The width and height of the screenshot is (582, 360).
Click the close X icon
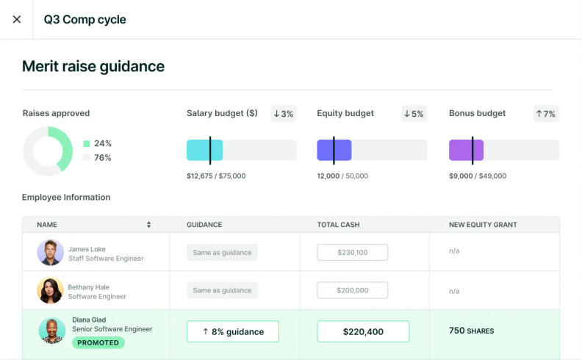[17, 19]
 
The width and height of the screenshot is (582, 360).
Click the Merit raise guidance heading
[93, 66]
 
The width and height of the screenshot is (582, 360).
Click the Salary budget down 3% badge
[283, 114]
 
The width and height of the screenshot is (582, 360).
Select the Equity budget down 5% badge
[414, 114]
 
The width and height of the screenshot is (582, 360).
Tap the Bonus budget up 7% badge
[545, 114]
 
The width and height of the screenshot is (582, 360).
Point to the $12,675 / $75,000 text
[216, 176]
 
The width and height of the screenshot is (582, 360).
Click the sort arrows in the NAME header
[148, 225]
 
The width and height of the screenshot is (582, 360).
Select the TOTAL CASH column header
[338, 225]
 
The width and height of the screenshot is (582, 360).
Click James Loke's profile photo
[50, 252]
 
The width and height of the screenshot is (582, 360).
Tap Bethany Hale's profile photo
[50, 290]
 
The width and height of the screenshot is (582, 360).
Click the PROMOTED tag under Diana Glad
[98, 342]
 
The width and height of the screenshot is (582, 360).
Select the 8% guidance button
[233, 331]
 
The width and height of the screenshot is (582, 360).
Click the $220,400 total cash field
[363, 331]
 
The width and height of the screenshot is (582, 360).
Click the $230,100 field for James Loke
[352, 252]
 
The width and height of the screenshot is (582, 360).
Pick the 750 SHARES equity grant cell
[471, 331]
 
